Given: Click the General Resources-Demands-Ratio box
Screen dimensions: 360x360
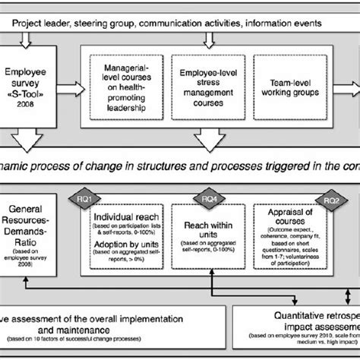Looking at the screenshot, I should click(30, 236).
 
